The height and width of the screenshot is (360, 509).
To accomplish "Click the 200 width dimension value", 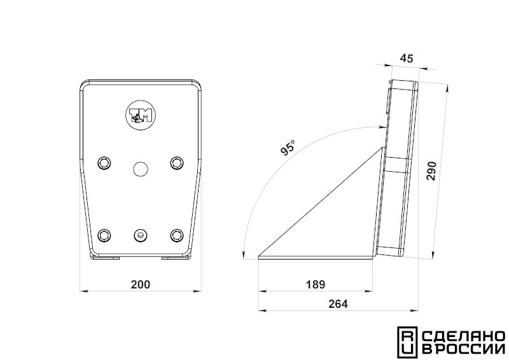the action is [141, 284].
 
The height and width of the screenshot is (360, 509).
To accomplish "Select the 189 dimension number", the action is [315, 284].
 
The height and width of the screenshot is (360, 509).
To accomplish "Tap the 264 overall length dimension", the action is [338, 304].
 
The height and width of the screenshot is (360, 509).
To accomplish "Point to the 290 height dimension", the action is [432, 170].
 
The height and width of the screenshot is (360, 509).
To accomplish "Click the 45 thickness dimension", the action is [407, 59].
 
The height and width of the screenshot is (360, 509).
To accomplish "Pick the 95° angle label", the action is [288, 148].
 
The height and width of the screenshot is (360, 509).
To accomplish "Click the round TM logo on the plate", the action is [141, 115].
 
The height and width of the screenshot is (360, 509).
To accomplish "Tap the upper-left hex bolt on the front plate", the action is [104, 163].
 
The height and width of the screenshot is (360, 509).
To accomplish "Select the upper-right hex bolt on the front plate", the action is [177, 163].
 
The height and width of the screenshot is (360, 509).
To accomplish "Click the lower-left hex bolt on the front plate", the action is [104, 235].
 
